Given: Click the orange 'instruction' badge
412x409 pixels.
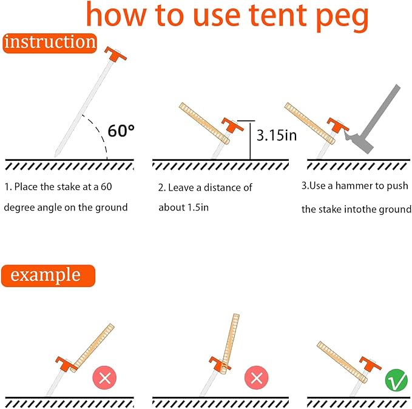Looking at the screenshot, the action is (50, 43).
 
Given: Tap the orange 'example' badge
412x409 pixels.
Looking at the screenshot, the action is (48, 275).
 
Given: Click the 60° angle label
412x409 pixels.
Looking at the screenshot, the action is (121, 130).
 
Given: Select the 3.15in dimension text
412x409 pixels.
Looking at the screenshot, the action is (277, 135).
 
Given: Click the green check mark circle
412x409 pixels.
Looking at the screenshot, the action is (396, 380).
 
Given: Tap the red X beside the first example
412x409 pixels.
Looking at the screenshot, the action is (104, 377).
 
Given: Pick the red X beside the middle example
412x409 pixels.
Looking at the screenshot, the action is (257, 377).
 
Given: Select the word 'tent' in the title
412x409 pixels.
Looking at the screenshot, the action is (277, 15).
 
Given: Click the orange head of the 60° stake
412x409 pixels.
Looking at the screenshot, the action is (116, 53).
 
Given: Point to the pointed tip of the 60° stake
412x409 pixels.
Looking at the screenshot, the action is (55, 156).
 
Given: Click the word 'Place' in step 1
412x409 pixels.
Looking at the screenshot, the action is (25, 187).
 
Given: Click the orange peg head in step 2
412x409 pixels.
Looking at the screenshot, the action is (232, 125).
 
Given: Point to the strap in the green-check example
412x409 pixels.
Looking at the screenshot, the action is (342, 362).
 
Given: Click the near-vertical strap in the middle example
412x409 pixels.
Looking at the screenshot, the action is (229, 343).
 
